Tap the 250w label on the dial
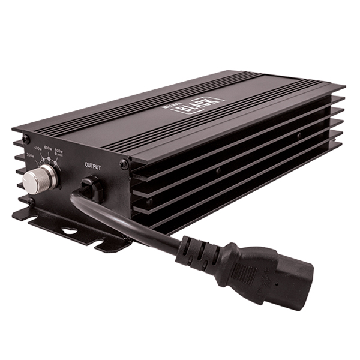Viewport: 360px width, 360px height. click(x=30, y=155)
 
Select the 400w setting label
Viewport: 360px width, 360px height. click(x=38, y=148)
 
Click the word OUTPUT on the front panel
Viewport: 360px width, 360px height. click(x=92, y=166)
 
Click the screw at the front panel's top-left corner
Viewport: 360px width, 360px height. click(x=26, y=139)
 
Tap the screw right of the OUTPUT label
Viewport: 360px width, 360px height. click(x=123, y=164)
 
